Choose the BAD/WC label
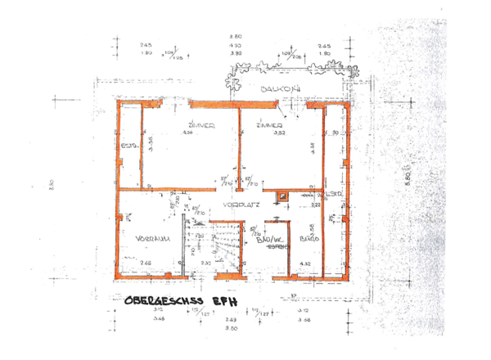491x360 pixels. pyautogui.click(x=269, y=238)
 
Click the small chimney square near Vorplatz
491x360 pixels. pyautogui.click(x=283, y=195)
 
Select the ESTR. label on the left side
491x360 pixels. pyautogui.click(x=128, y=146)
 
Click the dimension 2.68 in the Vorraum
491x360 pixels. pyautogui.click(x=145, y=263)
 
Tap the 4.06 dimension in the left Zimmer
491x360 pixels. pyautogui.click(x=187, y=133)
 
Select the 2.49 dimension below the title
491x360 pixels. pyautogui.click(x=232, y=319)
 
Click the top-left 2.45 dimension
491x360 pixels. pyautogui.click(x=146, y=45)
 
